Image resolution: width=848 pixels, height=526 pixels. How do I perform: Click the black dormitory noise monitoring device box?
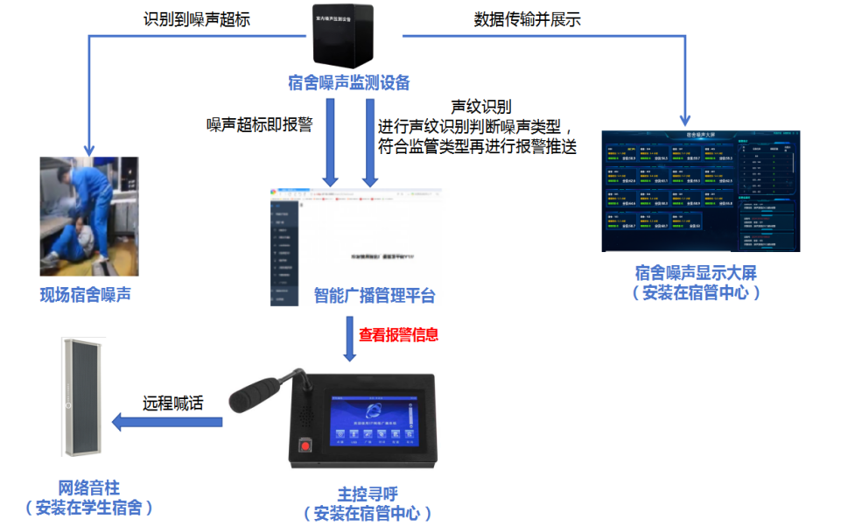click(x=348, y=38)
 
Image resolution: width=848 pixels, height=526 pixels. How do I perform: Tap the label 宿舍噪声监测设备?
click(x=348, y=83)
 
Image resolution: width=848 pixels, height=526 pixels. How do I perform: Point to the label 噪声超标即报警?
click(x=259, y=124)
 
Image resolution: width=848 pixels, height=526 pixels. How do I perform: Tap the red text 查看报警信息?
click(x=399, y=334)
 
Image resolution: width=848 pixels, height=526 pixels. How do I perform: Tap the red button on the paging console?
click(x=305, y=445)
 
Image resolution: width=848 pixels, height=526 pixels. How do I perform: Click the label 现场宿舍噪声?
click(x=86, y=295)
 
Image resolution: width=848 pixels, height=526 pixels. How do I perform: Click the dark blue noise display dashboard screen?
click(x=701, y=191)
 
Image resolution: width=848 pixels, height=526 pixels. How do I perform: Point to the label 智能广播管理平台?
click(x=375, y=296)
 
